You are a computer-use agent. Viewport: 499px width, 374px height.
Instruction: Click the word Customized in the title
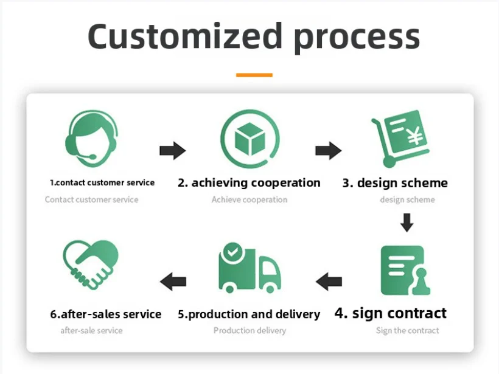click(185, 36)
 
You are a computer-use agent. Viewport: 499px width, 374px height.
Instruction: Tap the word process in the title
click(357, 39)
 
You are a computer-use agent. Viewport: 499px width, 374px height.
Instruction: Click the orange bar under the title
click(254, 75)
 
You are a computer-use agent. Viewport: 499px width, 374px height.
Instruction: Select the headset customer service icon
click(92, 139)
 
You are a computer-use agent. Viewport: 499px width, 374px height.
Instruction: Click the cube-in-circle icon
click(250, 139)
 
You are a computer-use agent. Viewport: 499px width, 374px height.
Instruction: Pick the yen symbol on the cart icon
click(415, 136)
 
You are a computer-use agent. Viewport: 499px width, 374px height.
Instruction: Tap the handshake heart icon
click(91, 265)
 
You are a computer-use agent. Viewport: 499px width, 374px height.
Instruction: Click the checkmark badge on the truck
click(232, 252)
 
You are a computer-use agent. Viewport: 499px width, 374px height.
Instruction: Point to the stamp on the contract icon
click(420, 282)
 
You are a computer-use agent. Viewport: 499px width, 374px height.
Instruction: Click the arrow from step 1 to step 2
click(172, 150)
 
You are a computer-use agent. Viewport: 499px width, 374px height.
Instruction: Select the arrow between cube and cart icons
click(329, 150)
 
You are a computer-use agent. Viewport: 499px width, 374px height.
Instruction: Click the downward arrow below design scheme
click(407, 223)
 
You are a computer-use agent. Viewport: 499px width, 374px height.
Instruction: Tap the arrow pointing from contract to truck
click(329, 282)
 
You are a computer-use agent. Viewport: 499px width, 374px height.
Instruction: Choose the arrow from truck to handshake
click(173, 282)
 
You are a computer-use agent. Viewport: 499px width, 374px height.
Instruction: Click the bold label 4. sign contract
click(391, 313)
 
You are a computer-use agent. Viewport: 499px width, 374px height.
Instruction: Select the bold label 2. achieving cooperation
click(249, 183)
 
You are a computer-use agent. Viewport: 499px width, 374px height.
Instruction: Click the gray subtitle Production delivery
click(250, 330)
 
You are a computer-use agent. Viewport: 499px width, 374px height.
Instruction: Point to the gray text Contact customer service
click(92, 199)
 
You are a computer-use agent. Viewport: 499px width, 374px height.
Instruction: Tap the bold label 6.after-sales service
click(106, 314)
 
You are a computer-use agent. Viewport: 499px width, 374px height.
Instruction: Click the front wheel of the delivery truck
click(270, 289)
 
